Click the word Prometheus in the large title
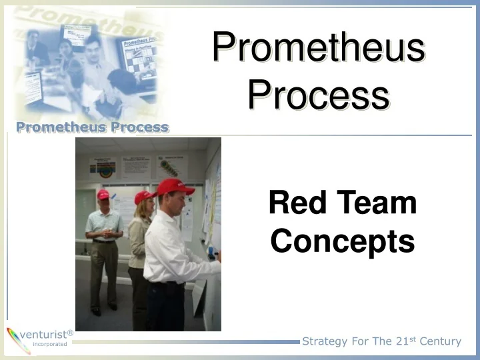[319, 49]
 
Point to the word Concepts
[343, 241]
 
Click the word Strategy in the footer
[325, 341]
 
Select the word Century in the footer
[439, 341]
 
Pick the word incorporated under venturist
[49, 345]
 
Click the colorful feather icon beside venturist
[13, 339]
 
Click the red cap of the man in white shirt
[174, 187]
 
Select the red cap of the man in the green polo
[103, 195]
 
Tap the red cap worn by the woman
[143, 197]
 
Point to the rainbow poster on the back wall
[103, 168]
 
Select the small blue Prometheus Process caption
[93, 127]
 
